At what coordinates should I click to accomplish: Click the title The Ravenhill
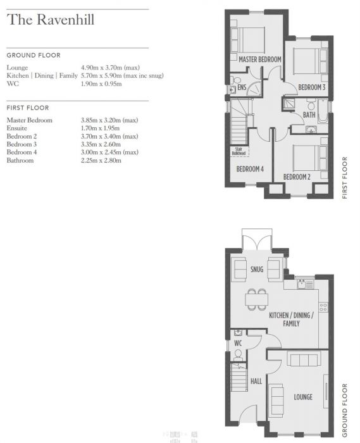[51, 20]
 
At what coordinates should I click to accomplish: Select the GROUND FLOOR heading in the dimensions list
[34, 55]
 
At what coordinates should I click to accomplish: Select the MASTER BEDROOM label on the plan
[259, 59]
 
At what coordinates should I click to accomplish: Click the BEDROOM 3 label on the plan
[312, 87]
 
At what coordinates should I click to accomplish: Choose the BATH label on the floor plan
[309, 115]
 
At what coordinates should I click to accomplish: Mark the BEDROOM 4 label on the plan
[249, 169]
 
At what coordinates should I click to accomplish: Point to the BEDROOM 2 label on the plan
[296, 177]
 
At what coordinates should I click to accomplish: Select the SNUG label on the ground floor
[257, 270]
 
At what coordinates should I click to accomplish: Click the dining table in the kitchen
[257, 299]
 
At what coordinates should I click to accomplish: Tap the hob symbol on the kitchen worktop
[323, 307]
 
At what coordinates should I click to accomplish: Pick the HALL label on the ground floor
[256, 382]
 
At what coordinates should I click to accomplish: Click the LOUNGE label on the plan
[302, 397]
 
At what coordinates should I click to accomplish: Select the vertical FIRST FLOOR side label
[345, 178]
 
